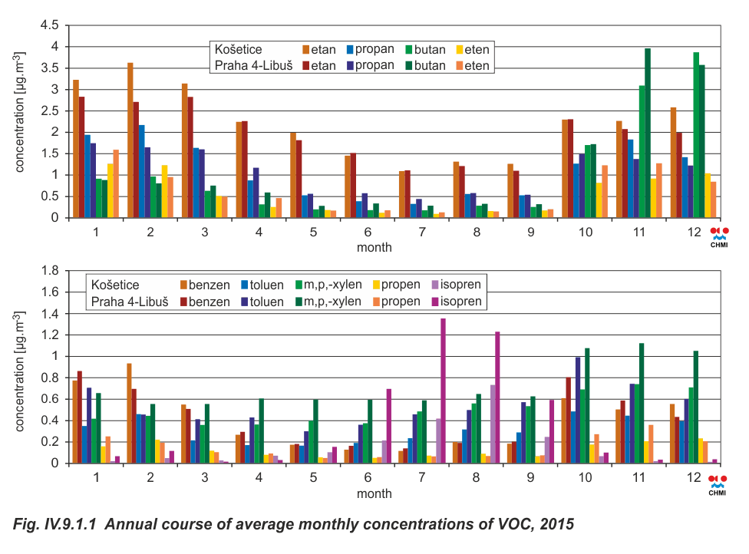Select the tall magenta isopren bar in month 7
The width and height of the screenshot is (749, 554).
pyautogui.click(x=443, y=391)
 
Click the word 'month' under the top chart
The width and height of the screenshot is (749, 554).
pyautogui.click(x=374, y=247)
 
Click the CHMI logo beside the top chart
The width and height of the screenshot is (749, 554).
pyautogui.click(x=719, y=237)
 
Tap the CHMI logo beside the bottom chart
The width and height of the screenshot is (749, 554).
pyautogui.click(x=719, y=483)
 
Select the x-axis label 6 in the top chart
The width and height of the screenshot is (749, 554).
pyautogui.click(x=368, y=232)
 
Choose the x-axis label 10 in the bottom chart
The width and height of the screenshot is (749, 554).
pyautogui.click(x=586, y=477)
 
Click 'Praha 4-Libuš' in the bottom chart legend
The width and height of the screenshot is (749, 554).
pyautogui.click(x=130, y=302)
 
